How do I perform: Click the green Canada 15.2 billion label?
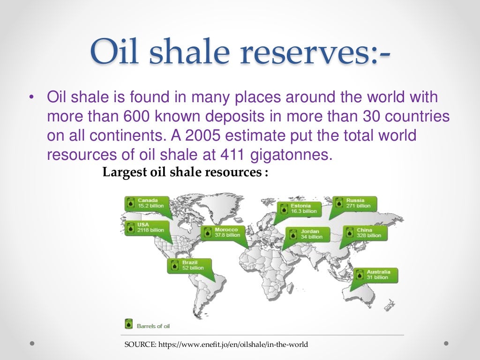tap(145, 203)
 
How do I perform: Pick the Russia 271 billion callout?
tap(354, 203)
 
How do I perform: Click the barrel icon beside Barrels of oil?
tap(128, 324)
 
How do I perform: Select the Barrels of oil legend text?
tap(153, 325)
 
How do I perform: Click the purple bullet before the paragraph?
tap(31, 98)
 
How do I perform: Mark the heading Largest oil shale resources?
tap(185, 172)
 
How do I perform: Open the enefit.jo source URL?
tap(233, 345)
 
